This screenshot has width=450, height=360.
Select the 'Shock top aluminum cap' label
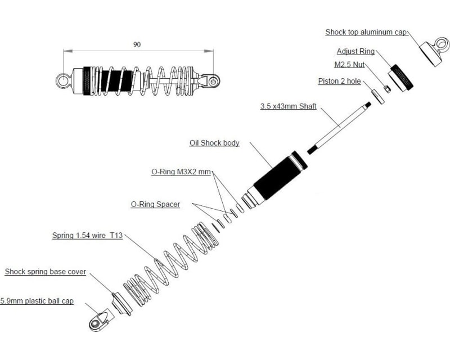tap(366, 32)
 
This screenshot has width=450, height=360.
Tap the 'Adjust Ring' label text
tap(355, 51)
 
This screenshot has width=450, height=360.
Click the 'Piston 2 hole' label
tap(339, 81)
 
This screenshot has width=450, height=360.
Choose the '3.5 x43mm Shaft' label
tap(289, 106)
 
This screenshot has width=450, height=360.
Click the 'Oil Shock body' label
tap(214, 143)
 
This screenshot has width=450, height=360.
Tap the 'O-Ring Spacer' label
tap(155, 204)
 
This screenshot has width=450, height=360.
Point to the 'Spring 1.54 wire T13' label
tap(87, 236)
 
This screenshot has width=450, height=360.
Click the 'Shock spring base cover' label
tap(46, 272)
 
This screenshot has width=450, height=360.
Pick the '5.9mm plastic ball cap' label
tap(37, 301)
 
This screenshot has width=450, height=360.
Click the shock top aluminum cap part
tap(434, 52)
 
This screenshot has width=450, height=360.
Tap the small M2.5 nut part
tap(387, 89)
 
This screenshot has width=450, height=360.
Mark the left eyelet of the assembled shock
tap(63, 81)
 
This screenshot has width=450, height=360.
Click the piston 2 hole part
tap(378, 94)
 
